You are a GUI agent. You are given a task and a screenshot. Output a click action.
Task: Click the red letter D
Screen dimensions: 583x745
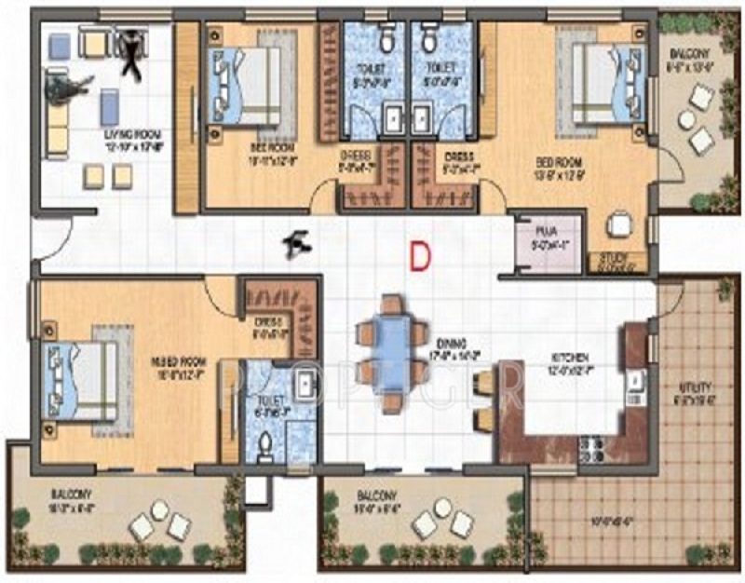[420, 256]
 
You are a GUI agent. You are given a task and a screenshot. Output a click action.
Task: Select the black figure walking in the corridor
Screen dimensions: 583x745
[298, 242]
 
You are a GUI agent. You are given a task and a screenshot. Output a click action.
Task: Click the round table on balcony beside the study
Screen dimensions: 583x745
[687, 119]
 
